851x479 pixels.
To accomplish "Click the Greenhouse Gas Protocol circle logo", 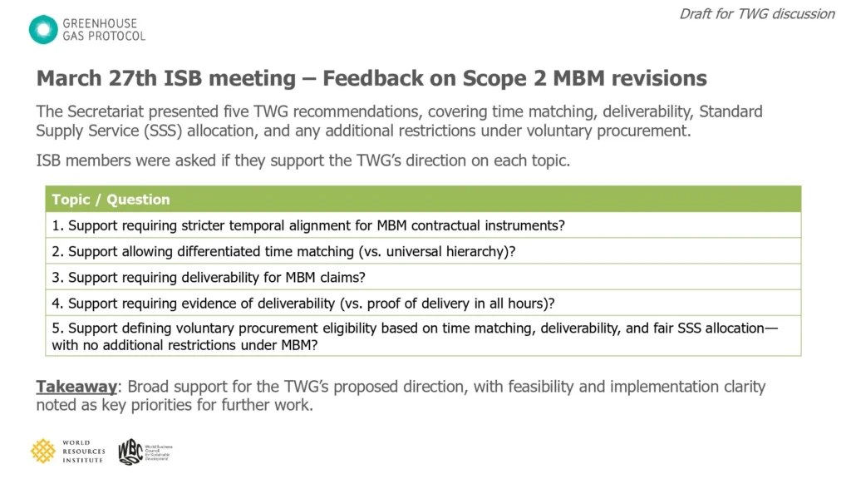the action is click(43, 29).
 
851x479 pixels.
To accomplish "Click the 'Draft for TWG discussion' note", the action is click(757, 14).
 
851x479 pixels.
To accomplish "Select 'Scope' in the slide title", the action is click(494, 79).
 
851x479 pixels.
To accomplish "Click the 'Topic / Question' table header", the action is click(111, 200).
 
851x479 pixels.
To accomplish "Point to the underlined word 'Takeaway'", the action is click(76, 387).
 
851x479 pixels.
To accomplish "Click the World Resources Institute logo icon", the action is click(43, 452).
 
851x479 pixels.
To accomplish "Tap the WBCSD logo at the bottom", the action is click(145, 452).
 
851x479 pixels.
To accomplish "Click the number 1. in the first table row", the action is click(57, 225).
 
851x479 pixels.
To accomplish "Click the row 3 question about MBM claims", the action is click(209, 278).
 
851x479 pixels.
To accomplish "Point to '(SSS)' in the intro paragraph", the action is click(164, 131).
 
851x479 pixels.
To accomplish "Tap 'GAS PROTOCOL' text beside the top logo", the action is click(104, 37).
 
